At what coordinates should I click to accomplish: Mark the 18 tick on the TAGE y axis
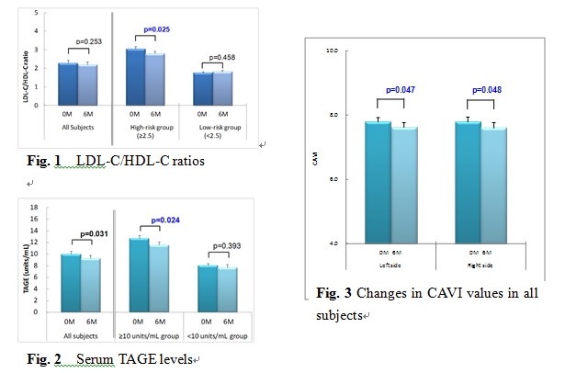pyautogui.click(x=35, y=207)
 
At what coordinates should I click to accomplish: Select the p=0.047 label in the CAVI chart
pyautogui.click(x=401, y=89)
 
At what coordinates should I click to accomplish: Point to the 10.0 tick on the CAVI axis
pyautogui.click(x=333, y=49)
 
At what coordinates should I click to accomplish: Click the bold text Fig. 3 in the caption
pyautogui.click(x=330, y=294)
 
